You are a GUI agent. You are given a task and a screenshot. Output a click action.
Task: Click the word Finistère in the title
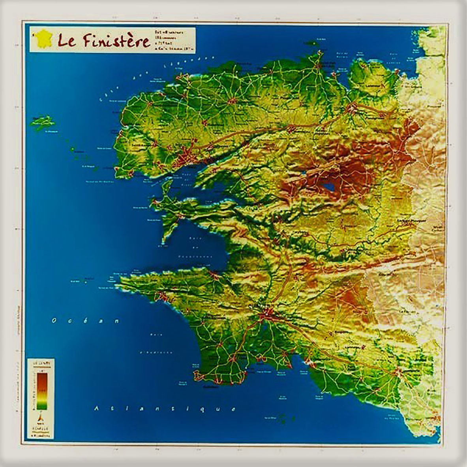112,40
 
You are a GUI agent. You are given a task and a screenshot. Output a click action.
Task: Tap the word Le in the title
65,40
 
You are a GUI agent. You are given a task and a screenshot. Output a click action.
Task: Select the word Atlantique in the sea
165,408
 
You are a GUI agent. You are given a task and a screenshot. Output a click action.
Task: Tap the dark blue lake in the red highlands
329,186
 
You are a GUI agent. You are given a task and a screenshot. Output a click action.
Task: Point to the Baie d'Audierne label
157,343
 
